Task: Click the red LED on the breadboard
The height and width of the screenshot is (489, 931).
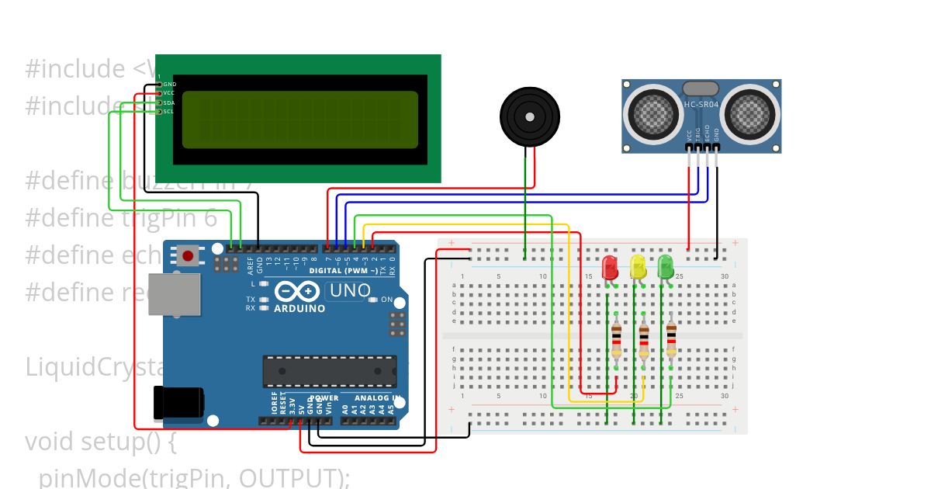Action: click(x=611, y=266)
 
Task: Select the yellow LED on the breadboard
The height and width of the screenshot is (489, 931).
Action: click(x=638, y=266)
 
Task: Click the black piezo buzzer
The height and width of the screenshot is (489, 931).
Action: click(x=529, y=117)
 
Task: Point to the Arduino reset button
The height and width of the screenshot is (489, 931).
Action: click(x=187, y=255)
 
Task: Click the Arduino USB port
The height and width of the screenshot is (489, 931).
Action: click(x=174, y=294)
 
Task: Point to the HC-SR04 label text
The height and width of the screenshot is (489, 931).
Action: click(x=701, y=104)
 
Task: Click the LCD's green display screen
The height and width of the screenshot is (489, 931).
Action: click(x=299, y=120)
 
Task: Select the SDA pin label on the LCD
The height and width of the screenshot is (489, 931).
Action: click(x=169, y=102)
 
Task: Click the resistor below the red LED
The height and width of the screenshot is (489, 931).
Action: click(x=616, y=340)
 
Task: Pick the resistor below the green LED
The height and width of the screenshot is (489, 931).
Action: click(x=671, y=340)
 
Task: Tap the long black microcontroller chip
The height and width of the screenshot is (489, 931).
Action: click(x=329, y=371)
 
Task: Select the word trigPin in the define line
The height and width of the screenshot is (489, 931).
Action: click(x=170, y=218)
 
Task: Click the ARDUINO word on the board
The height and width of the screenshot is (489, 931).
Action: click(x=299, y=308)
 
